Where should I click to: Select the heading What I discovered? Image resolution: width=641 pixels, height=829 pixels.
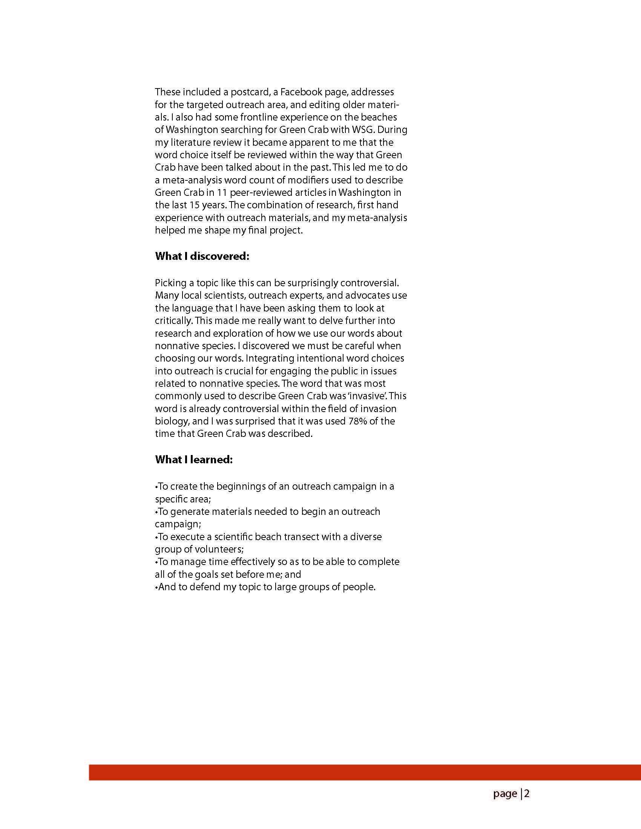point(202,256)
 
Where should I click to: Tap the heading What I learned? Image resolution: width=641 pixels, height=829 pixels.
point(194,460)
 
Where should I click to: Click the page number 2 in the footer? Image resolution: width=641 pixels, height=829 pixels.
point(527,794)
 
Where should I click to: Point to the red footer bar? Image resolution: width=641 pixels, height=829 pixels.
point(365,773)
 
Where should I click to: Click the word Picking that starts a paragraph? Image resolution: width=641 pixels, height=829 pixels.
point(170,283)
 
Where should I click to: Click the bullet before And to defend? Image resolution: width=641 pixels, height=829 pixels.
point(156,588)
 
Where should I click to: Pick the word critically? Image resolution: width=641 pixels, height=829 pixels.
point(173,321)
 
